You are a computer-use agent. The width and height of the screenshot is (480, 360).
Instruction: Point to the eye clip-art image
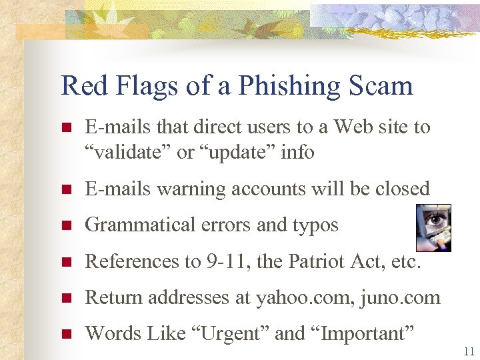(433, 227)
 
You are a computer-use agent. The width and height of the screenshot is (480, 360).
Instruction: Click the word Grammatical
(131, 225)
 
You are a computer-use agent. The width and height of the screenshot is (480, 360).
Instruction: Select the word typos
(315, 225)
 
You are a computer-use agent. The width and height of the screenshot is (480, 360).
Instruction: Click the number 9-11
(224, 261)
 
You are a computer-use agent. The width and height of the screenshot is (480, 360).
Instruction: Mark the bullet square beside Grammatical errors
(65, 226)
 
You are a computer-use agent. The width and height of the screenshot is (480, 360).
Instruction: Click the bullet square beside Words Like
(65, 334)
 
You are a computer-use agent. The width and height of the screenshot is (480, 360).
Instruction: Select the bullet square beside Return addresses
(65, 298)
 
